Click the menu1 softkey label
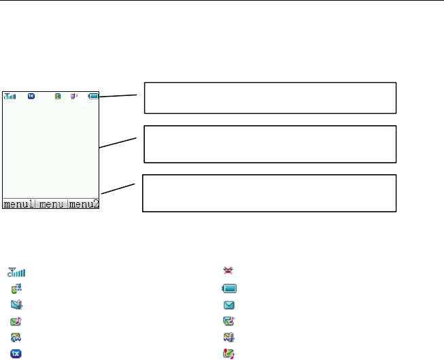click(19, 203)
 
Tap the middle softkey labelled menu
click(52, 203)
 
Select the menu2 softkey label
click(84, 203)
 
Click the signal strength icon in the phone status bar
click(11, 96)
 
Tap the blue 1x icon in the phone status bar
click(31, 96)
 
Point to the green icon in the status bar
click(58, 96)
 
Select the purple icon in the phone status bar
click(74, 96)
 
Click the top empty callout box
click(270, 97)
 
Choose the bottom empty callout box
click(269, 193)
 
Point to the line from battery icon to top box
click(122, 97)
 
